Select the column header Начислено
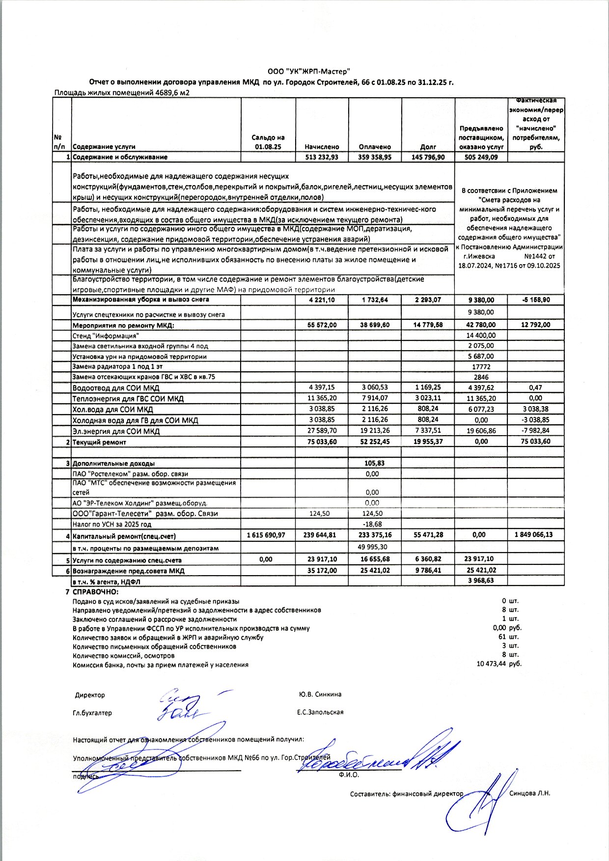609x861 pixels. point(322,146)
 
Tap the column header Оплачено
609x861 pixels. point(375,146)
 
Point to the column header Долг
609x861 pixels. point(428,146)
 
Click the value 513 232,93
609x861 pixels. point(322,157)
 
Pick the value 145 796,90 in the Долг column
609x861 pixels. point(428,157)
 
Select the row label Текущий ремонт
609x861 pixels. point(99,442)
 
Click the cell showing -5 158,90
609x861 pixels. point(536,300)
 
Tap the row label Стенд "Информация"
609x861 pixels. point(106,336)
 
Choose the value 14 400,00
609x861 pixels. point(481,335)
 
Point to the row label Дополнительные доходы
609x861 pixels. point(113,463)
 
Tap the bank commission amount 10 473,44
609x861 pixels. point(491,665)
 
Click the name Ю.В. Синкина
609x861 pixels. point(320,694)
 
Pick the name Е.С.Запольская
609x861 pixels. point(320,712)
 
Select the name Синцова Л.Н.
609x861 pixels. point(530,793)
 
